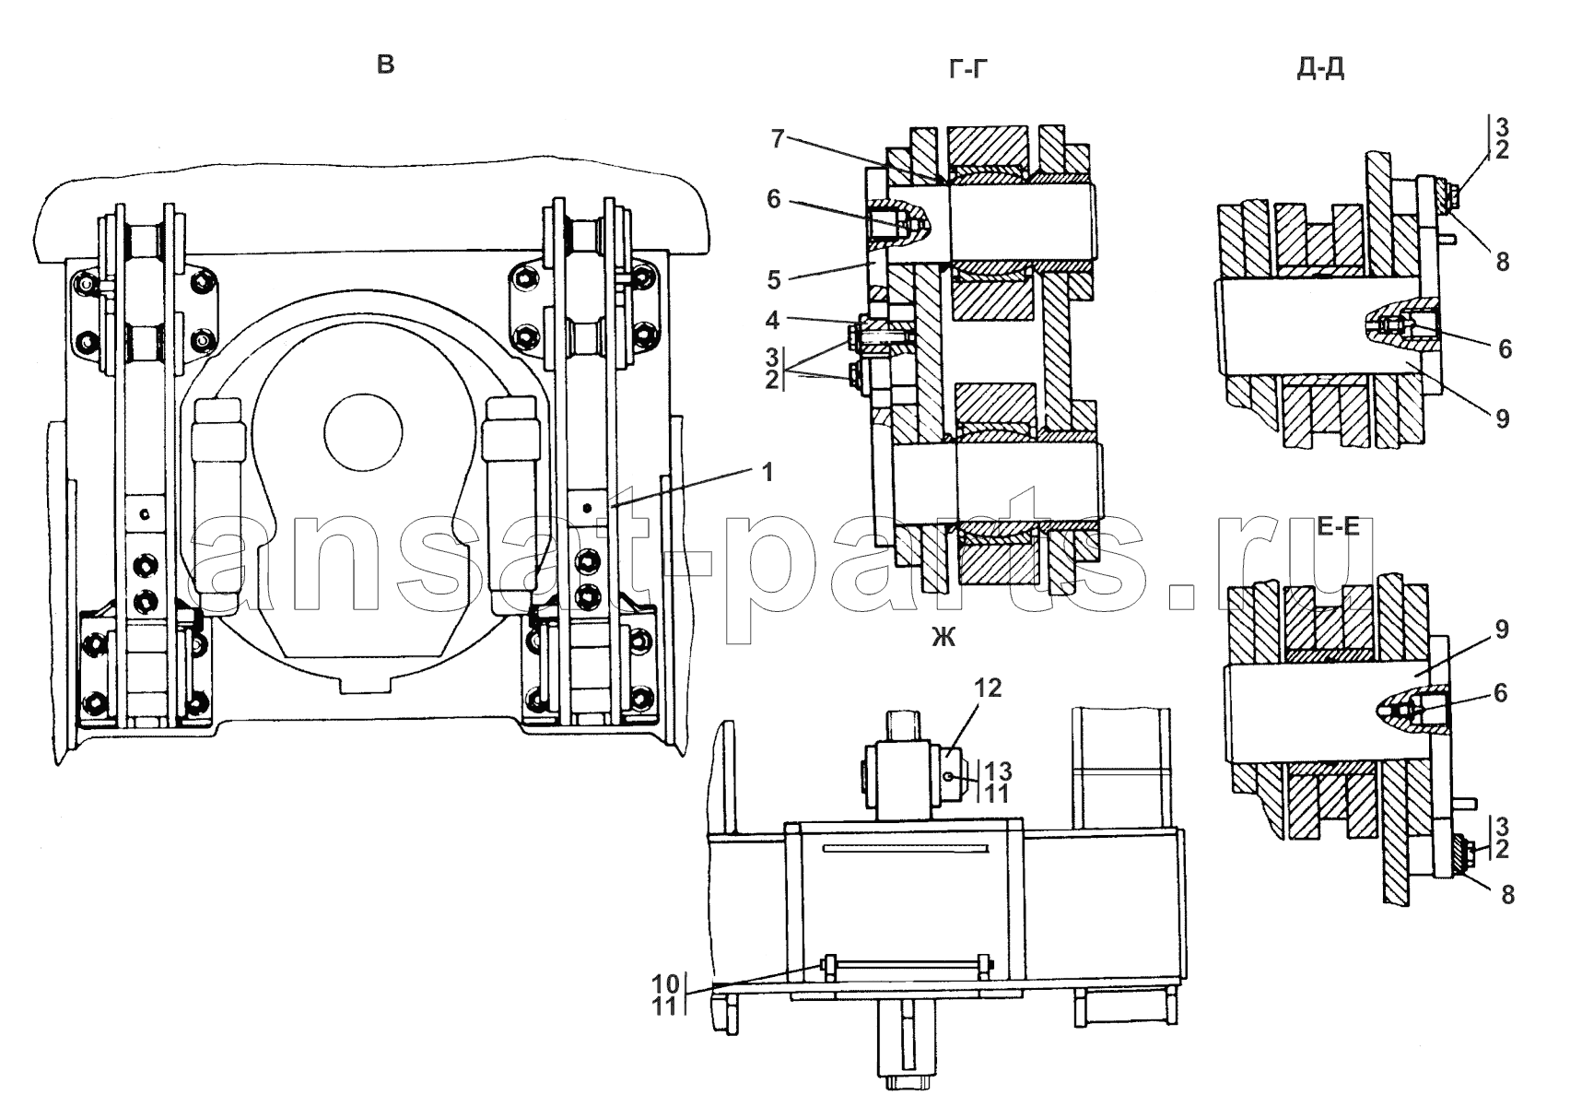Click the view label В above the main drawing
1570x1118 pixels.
pyautogui.click(x=385, y=65)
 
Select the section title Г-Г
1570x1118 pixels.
pyautogui.click(x=968, y=69)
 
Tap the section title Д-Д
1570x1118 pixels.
pyautogui.click(x=1320, y=69)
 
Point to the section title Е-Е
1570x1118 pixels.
pyautogui.click(x=1338, y=525)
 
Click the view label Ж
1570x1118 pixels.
pyautogui.click(x=943, y=637)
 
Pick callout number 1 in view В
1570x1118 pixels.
pyautogui.click(x=767, y=473)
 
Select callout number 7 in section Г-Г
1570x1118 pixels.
pyautogui.click(x=777, y=139)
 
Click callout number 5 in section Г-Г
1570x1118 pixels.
pyautogui.click(x=774, y=279)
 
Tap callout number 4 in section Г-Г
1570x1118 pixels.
pyautogui.click(x=772, y=321)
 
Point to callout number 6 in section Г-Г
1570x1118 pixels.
pyautogui.click(x=773, y=199)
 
